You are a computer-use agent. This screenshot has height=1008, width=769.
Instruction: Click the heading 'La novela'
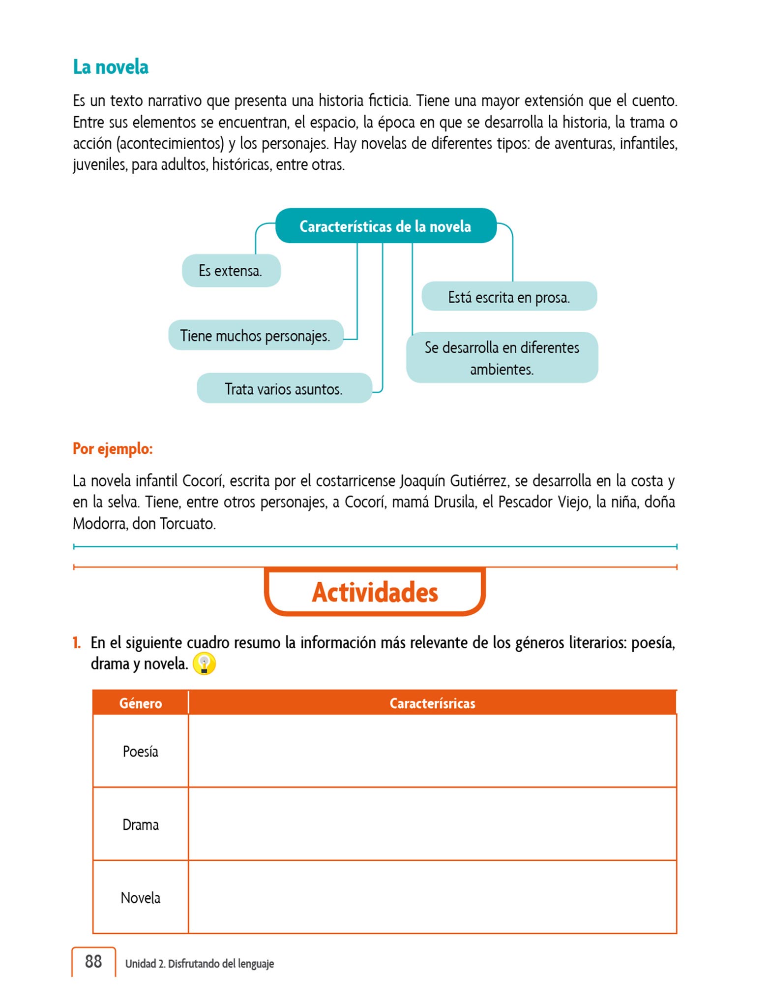(x=111, y=67)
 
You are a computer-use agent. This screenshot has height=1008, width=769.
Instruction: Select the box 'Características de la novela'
(x=385, y=226)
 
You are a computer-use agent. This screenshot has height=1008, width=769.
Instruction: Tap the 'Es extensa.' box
(x=231, y=271)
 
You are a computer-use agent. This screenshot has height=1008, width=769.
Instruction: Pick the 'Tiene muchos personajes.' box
(x=255, y=336)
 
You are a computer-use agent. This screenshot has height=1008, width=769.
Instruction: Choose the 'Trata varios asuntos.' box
(x=284, y=389)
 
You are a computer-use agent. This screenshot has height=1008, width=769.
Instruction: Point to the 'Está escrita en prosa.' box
(x=509, y=297)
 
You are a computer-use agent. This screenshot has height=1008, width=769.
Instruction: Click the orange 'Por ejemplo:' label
(x=113, y=448)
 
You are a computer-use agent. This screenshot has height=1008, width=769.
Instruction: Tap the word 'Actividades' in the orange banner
(x=375, y=592)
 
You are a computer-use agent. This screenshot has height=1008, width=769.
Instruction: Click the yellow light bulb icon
(x=204, y=663)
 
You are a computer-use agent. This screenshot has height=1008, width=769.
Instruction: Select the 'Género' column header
(x=141, y=703)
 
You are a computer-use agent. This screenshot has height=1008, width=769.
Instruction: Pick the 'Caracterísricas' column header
(x=432, y=703)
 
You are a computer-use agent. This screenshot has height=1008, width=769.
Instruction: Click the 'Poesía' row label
(x=141, y=752)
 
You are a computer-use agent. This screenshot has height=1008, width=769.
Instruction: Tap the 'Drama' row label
(x=141, y=824)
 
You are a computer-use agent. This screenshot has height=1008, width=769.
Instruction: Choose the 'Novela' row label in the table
(x=141, y=898)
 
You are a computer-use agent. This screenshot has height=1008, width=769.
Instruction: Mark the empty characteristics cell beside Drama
(x=432, y=824)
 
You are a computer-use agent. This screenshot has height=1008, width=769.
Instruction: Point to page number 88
(x=93, y=961)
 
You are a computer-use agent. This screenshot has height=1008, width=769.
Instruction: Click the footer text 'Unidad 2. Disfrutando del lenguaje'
(x=199, y=964)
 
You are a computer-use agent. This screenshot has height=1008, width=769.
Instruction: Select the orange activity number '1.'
(x=77, y=643)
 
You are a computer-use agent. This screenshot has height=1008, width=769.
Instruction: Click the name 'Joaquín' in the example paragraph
(x=422, y=480)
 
